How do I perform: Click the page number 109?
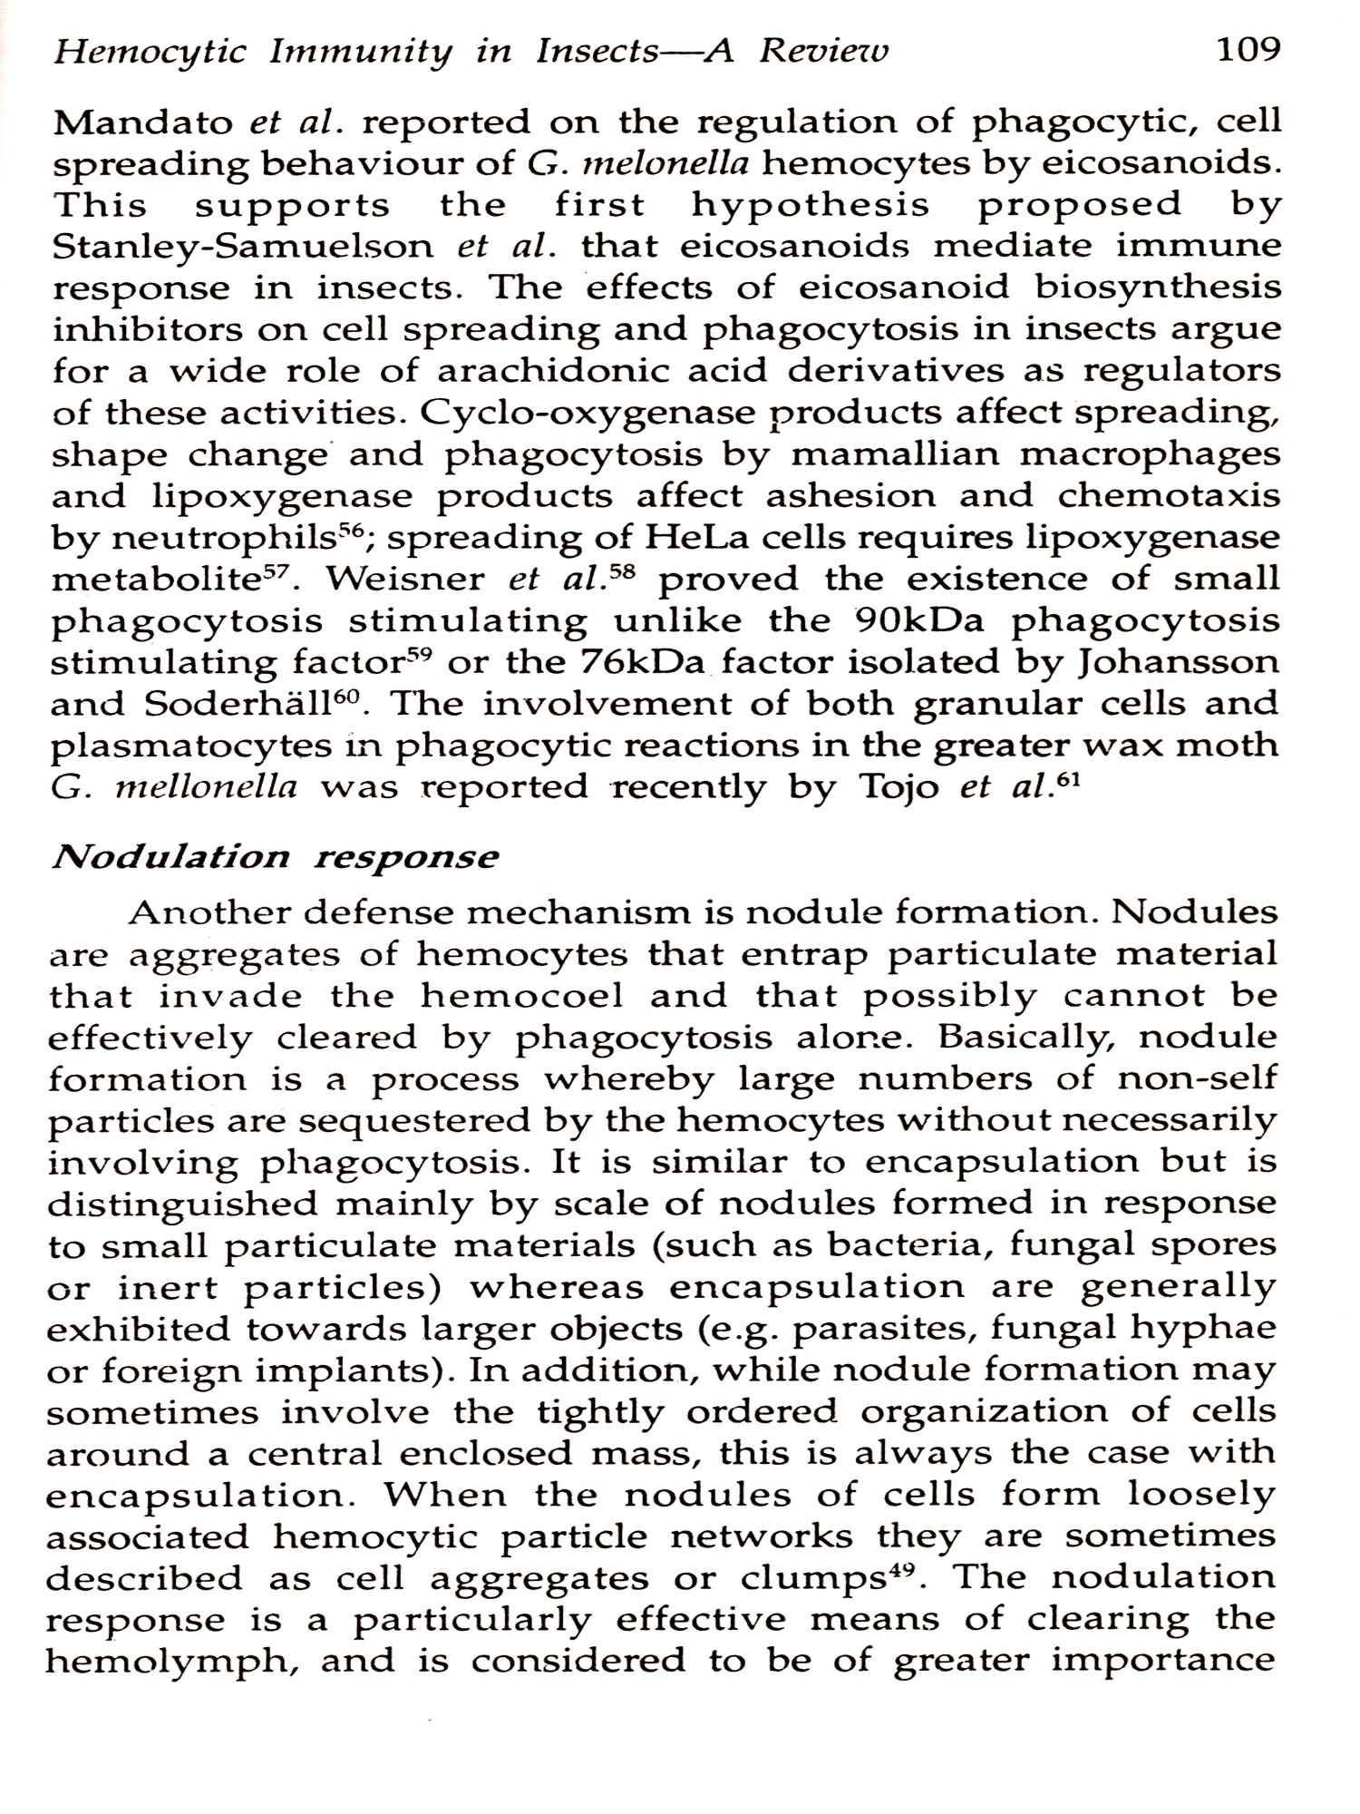click(x=1247, y=49)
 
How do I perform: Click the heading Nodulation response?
click(x=274, y=857)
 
